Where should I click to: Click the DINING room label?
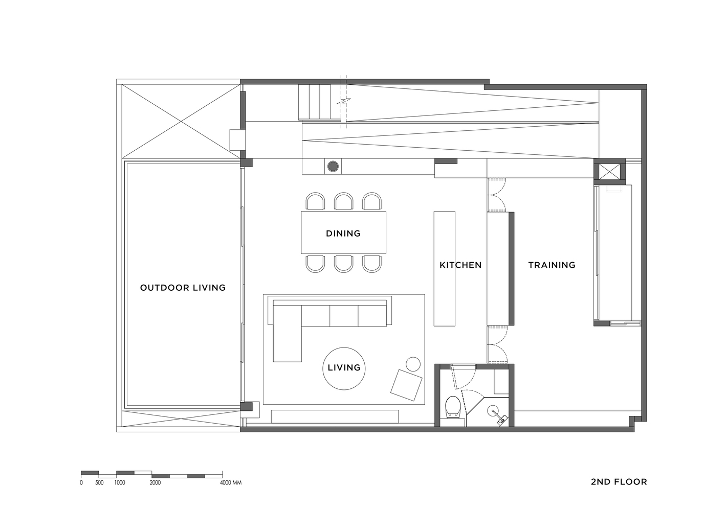343,234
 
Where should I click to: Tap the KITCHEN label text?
460,265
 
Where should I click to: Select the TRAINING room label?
552,265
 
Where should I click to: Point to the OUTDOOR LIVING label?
183,288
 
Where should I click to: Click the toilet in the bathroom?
452,407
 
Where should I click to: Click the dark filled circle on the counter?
333,167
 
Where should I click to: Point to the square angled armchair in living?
406,385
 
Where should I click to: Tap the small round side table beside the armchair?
413,364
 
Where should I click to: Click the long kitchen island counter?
444,269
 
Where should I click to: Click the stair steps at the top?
315,102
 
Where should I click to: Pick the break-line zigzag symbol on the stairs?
343,102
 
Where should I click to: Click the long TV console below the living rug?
335,416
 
